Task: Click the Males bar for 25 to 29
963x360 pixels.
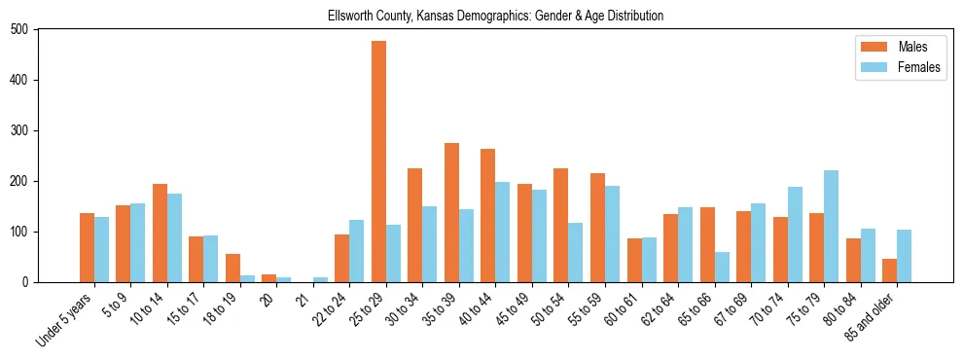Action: [x=378, y=162]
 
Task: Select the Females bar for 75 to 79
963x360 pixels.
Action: [x=831, y=226]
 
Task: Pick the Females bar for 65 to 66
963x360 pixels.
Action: [x=722, y=267]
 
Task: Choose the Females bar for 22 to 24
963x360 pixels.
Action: [x=357, y=251]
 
